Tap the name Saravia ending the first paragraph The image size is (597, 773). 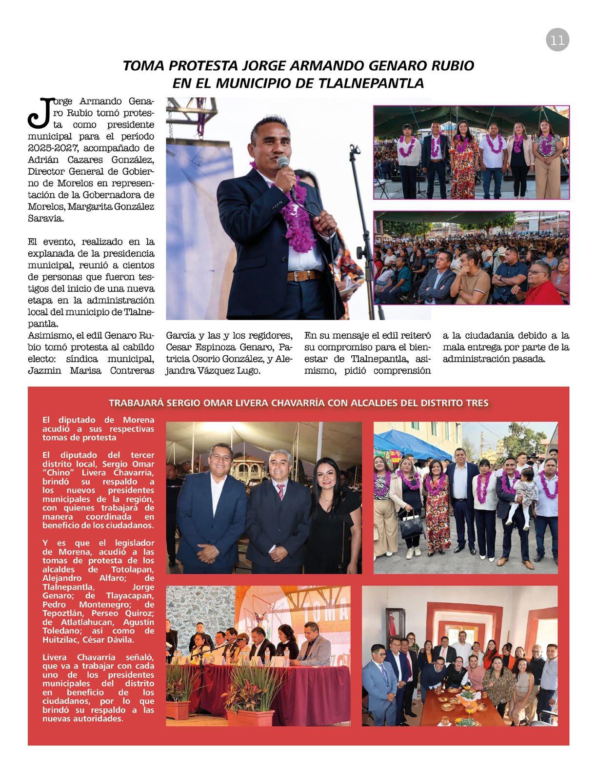click(45, 220)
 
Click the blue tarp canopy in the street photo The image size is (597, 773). click(409, 442)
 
